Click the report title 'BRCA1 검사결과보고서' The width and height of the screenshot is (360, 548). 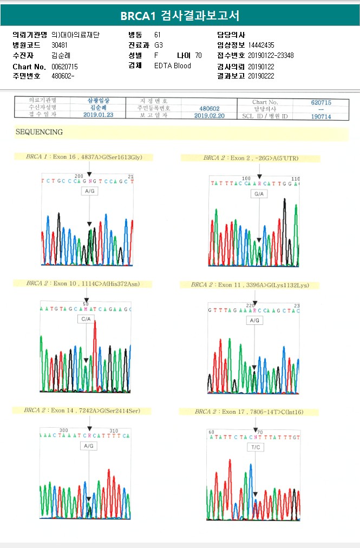click(x=180, y=16)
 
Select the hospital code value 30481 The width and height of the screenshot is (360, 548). click(x=59, y=45)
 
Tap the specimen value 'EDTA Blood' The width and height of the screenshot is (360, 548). click(x=173, y=66)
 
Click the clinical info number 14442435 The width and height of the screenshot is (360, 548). click(x=261, y=45)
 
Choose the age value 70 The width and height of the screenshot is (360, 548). click(x=198, y=55)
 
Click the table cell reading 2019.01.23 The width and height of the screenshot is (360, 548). click(x=97, y=115)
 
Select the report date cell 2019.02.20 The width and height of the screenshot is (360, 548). click(x=208, y=115)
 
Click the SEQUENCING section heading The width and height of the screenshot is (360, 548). click(x=39, y=132)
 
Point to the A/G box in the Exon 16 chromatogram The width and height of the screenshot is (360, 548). click(x=89, y=192)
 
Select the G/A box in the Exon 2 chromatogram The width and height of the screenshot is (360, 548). click(x=259, y=193)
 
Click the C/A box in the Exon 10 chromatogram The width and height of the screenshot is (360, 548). click(x=86, y=319)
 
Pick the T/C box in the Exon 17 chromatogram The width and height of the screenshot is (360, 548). click(x=256, y=447)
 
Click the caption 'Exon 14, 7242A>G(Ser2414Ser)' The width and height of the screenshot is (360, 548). click(x=82, y=411)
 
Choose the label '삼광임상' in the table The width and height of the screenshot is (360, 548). click(x=98, y=101)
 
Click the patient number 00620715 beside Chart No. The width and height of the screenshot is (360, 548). click(x=64, y=66)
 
